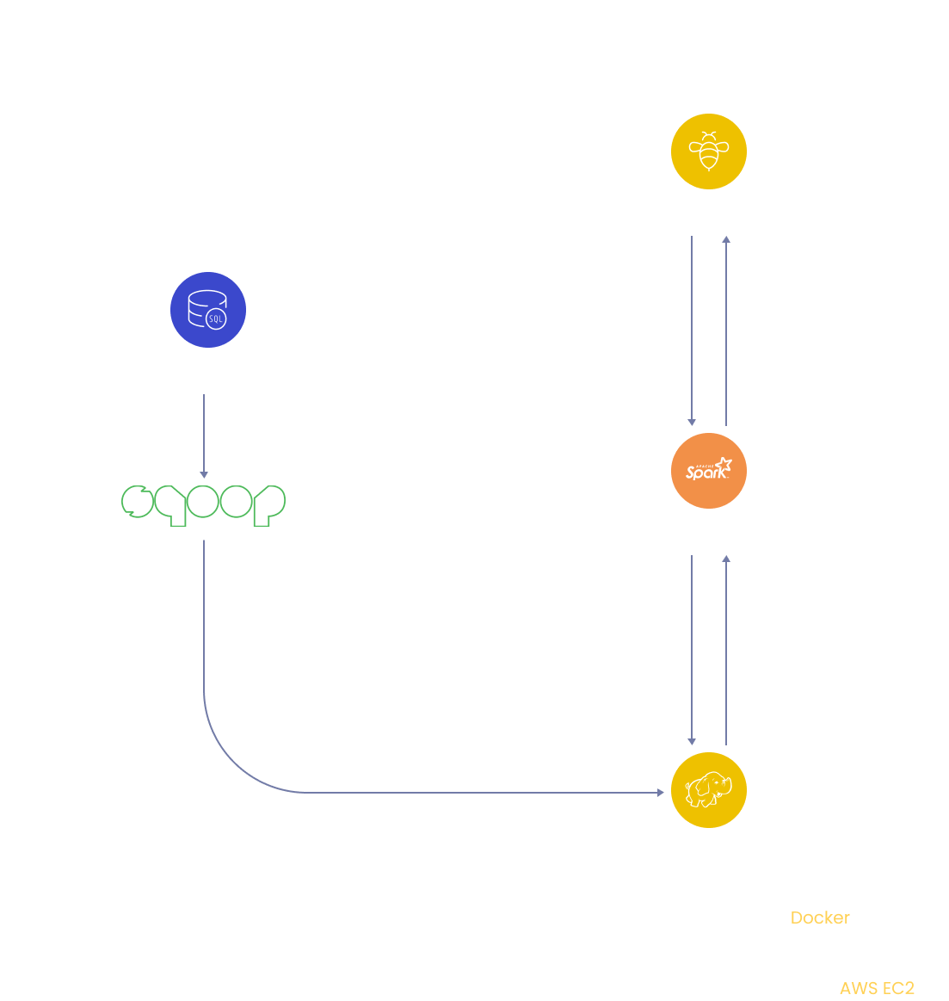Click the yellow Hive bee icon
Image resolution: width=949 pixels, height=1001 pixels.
(x=708, y=151)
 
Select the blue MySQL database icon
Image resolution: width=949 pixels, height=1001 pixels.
(x=208, y=310)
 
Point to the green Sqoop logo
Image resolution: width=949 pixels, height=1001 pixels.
(x=203, y=504)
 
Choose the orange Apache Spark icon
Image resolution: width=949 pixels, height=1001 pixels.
(x=708, y=471)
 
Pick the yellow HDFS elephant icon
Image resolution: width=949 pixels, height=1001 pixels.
(x=708, y=790)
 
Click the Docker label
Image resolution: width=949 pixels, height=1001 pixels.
(x=820, y=918)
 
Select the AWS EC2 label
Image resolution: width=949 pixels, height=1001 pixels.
(x=877, y=988)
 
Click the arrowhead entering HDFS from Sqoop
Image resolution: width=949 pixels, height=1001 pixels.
(x=663, y=792)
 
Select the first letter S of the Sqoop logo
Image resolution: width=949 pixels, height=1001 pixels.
(x=137, y=501)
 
